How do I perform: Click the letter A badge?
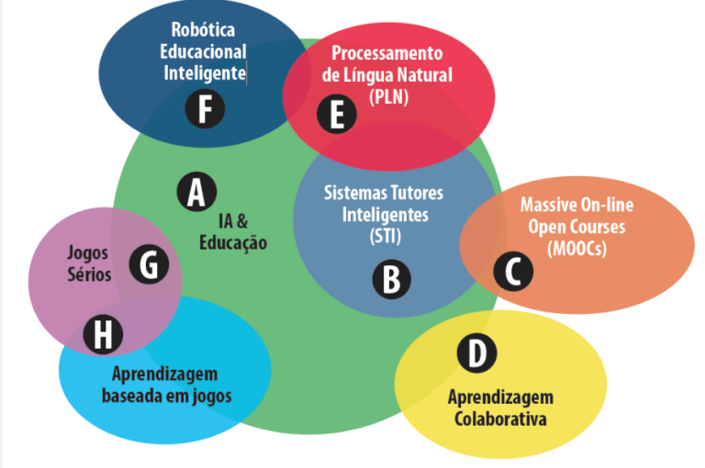(x=196, y=193)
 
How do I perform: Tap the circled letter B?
(x=391, y=279)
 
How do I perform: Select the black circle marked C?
(x=513, y=271)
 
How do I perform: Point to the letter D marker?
(x=476, y=353)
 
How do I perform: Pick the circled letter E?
(x=337, y=116)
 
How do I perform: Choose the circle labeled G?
(x=149, y=265)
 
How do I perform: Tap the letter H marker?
(x=103, y=335)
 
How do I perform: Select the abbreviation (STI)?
(x=385, y=237)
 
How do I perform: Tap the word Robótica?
(x=203, y=29)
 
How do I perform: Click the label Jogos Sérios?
(x=89, y=262)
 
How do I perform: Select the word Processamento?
(x=386, y=52)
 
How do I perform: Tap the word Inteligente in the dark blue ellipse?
(x=203, y=72)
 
